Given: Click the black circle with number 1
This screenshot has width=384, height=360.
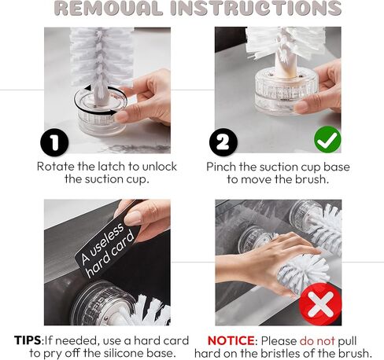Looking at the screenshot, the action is (x=54, y=143).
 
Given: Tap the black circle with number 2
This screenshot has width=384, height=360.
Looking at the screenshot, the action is (x=223, y=142).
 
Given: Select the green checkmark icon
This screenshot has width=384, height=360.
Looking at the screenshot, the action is (x=327, y=139).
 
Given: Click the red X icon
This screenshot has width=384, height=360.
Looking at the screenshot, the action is (x=320, y=304).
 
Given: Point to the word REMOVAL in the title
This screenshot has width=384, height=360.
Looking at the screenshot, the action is (x=109, y=8).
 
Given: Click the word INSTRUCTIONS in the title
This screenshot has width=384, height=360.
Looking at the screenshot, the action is (x=256, y=8).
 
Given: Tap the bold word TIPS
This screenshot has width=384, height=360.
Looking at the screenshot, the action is (x=28, y=340).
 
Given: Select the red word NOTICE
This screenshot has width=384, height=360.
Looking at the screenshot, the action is (x=231, y=340).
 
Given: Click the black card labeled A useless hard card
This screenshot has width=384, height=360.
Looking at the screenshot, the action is (x=108, y=249).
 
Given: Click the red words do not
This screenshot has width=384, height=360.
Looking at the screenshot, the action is (x=317, y=341).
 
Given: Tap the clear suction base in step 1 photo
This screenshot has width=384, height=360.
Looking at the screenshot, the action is (x=100, y=112).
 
